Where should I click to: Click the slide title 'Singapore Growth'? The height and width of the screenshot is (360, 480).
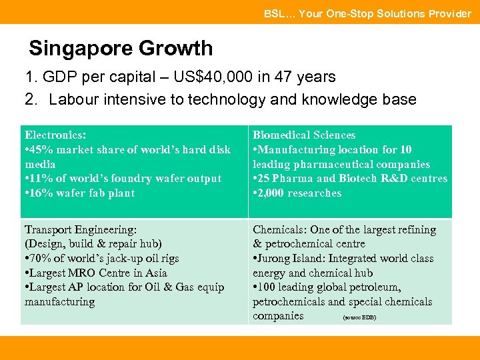click(x=121, y=49)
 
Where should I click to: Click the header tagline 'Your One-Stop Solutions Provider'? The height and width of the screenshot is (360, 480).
click(x=385, y=13)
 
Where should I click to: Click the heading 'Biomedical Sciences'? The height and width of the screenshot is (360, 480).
click(x=304, y=135)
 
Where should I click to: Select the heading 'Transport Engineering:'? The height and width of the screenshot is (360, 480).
click(x=81, y=230)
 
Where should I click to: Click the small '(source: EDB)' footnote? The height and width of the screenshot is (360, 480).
click(x=359, y=317)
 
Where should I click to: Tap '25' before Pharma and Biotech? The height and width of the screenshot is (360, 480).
click(x=265, y=179)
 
